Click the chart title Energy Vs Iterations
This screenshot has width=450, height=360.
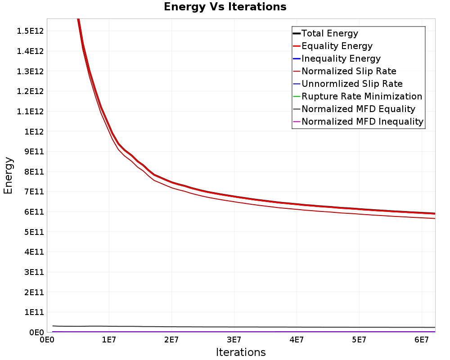click(x=225, y=7)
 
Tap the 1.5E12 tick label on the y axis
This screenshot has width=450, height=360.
click(x=30, y=31)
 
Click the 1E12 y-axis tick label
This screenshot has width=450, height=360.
click(x=34, y=131)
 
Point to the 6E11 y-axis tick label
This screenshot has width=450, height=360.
click(x=34, y=212)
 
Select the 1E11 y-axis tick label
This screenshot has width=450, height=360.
click(x=34, y=312)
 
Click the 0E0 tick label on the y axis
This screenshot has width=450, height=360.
click(x=37, y=333)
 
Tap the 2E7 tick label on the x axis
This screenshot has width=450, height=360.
click(x=171, y=340)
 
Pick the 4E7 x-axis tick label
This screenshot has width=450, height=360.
click(x=297, y=340)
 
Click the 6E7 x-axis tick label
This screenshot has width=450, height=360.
click(x=422, y=340)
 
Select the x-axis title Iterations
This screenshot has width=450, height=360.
click(x=241, y=352)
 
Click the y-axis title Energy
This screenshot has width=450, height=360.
click(x=8, y=175)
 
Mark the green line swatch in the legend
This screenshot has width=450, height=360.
click(x=297, y=96)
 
